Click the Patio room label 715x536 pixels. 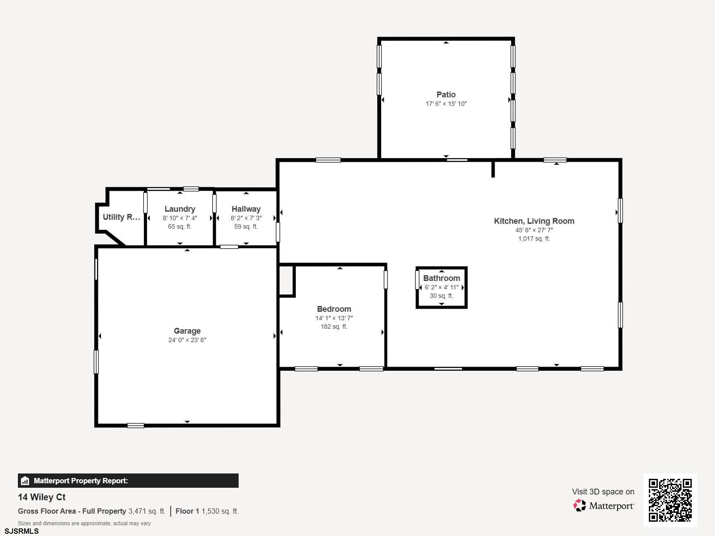pyautogui.click(x=446, y=95)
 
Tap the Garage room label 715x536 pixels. pyautogui.click(x=187, y=331)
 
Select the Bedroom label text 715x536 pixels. pyautogui.click(x=334, y=309)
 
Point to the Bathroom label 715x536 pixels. pyautogui.click(x=442, y=278)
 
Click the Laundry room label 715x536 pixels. pyautogui.click(x=180, y=209)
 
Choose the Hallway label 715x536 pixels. pyautogui.click(x=246, y=209)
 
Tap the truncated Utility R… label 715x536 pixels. pyautogui.click(x=122, y=217)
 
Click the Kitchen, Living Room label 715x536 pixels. pyautogui.click(x=534, y=221)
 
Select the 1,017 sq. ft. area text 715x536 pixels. pyautogui.click(x=534, y=239)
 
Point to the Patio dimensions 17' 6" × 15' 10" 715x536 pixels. pyautogui.click(x=446, y=104)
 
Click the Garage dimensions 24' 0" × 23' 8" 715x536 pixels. pyautogui.click(x=187, y=340)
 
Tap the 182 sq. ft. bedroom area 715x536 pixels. pyautogui.click(x=334, y=327)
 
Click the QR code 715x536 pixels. pyautogui.click(x=670, y=500)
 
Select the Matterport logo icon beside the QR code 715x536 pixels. pyautogui.click(x=580, y=506)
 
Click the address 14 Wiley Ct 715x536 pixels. pyautogui.click(x=42, y=497)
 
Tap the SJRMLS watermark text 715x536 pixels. pyautogui.click(x=21, y=531)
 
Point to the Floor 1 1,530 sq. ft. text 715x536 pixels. pyautogui.click(x=207, y=511)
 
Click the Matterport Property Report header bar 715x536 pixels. pyautogui.click(x=128, y=481)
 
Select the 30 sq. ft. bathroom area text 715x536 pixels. pyautogui.click(x=442, y=296)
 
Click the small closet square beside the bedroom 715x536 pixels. pyautogui.click(x=286, y=281)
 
